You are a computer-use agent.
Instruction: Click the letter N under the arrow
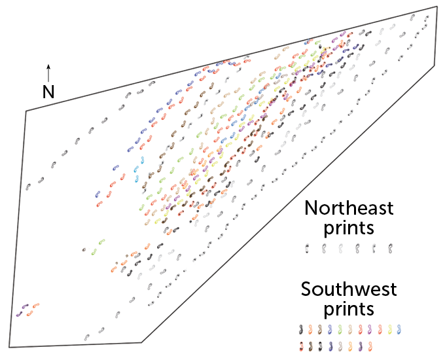(x=48, y=92)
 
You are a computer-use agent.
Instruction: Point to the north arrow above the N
(x=48, y=73)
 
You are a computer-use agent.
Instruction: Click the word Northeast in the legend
(x=349, y=208)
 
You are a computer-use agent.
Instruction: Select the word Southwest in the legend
(x=349, y=289)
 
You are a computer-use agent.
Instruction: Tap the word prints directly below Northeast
(x=349, y=228)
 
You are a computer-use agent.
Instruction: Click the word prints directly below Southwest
(x=349, y=308)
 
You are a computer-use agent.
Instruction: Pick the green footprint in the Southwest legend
(x=340, y=329)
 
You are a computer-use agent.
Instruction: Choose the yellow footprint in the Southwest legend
(x=390, y=329)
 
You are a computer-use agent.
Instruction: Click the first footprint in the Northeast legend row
(x=307, y=249)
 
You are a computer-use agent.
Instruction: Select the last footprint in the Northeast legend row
(x=391, y=249)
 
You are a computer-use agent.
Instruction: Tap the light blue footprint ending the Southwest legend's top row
(x=399, y=329)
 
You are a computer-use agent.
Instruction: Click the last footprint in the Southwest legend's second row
(x=370, y=346)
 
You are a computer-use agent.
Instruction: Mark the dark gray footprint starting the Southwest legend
(x=301, y=329)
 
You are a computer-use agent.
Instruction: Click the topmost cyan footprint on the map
(x=142, y=160)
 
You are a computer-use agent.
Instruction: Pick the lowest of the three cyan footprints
(x=137, y=179)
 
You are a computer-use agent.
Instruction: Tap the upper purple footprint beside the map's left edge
(x=26, y=306)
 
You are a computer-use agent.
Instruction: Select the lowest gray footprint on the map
(x=87, y=338)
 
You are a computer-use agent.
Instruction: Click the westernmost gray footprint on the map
(x=27, y=187)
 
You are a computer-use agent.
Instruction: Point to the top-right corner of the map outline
(x=437, y=7)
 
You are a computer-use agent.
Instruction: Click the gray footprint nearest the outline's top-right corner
(x=426, y=18)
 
